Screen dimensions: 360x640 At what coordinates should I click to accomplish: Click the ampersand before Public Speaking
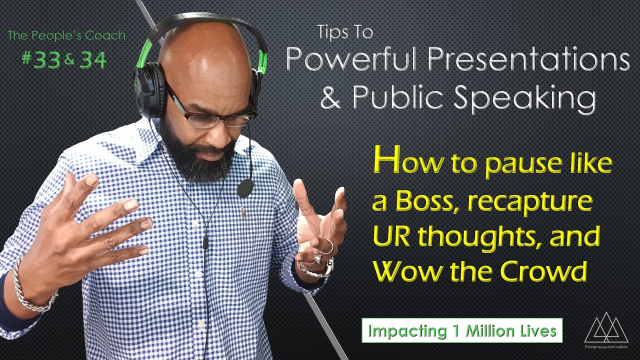(x=330, y=98)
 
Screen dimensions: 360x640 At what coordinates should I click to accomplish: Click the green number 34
(x=93, y=60)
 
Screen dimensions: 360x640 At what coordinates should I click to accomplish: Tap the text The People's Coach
(x=66, y=36)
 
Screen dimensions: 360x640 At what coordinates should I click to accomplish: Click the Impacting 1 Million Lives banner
(x=462, y=330)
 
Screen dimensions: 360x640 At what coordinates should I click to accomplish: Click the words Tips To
(x=345, y=33)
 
